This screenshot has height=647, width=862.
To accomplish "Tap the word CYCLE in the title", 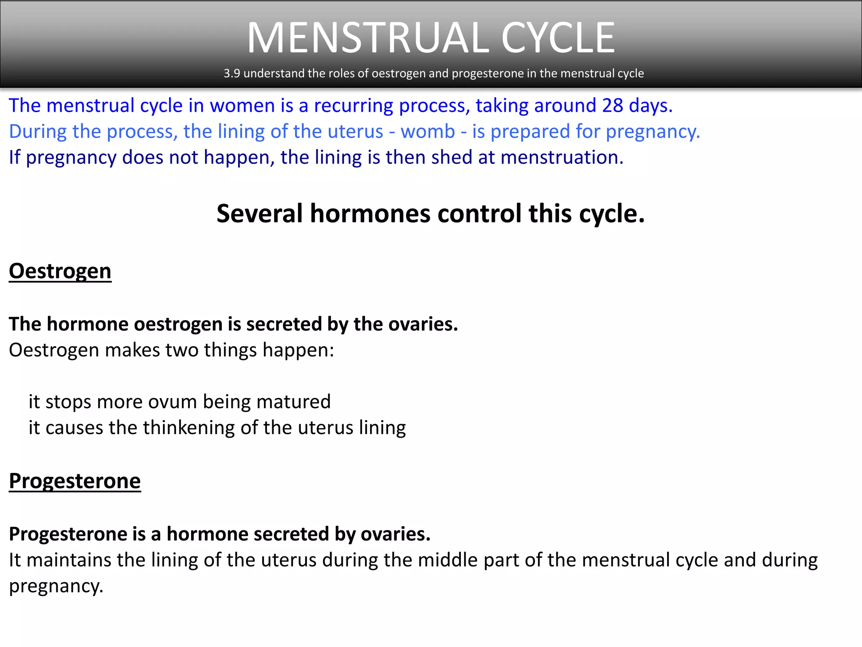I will click(x=558, y=38).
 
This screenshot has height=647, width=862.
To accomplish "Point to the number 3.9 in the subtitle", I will click(x=231, y=73).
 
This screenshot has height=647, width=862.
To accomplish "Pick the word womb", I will click(x=428, y=131).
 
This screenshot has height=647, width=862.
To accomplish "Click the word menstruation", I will click(x=562, y=158).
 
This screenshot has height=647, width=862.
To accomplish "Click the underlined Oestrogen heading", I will click(x=60, y=271).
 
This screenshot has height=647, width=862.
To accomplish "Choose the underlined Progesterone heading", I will click(x=75, y=481).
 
